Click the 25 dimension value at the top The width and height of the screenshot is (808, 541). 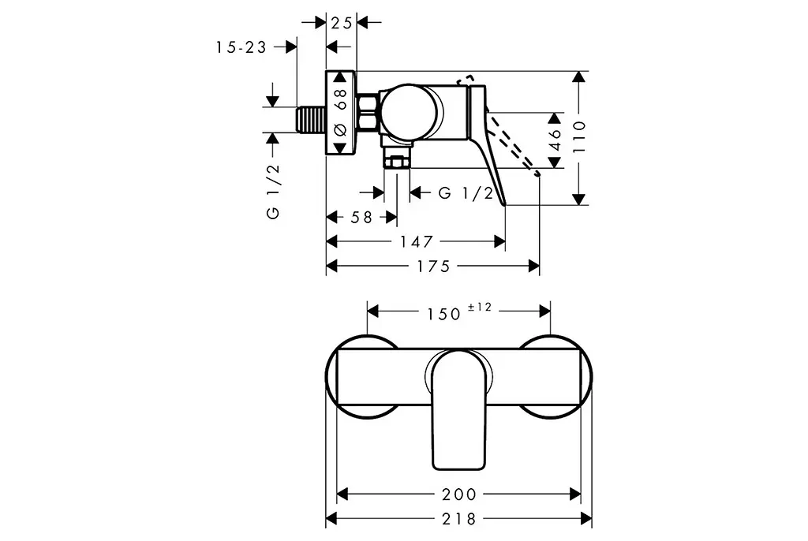click(341, 23)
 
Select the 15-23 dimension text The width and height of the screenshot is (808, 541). click(241, 47)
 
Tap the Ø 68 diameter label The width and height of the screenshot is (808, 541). click(340, 112)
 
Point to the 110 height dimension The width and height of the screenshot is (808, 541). click(579, 136)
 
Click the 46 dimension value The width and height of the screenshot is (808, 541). click(555, 140)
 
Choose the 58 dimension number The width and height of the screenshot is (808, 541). click(361, 218)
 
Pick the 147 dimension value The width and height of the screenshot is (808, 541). click(417, 241)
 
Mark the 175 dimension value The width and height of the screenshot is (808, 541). click(433, 267)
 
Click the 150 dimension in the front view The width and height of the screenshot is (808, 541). click(443, 314)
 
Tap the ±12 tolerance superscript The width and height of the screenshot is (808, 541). click(480, 307)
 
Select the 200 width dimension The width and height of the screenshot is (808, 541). click(459, 494)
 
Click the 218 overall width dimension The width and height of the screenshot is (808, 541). click(459, 519)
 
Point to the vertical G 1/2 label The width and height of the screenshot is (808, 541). click(273, 191)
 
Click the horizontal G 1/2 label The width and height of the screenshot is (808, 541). click(466, 193)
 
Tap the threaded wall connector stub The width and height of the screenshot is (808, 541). click(311, 120)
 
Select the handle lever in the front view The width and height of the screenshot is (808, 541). click(458, 410)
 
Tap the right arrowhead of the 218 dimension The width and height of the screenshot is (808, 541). click(586, 519)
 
